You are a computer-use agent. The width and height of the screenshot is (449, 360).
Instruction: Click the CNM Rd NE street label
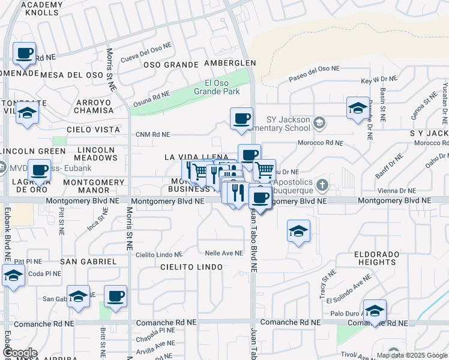[152, 134]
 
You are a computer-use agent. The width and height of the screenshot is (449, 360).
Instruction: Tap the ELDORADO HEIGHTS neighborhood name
[375, 258]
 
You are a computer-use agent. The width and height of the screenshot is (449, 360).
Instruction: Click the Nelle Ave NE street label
[223, 253]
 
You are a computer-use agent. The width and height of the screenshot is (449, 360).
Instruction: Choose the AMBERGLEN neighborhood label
[230, 63]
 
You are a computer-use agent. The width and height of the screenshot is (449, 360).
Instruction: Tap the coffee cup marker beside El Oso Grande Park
[241, 118]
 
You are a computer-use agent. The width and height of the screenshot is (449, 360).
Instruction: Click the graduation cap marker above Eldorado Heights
[298, 231]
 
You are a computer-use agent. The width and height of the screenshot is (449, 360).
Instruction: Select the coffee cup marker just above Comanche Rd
[115, 296]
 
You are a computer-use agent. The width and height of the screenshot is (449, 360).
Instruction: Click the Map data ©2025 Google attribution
[412, 355]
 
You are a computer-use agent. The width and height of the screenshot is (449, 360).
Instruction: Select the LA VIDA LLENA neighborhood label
[196, 157]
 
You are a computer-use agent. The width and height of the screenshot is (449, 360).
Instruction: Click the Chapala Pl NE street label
[158, 331]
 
